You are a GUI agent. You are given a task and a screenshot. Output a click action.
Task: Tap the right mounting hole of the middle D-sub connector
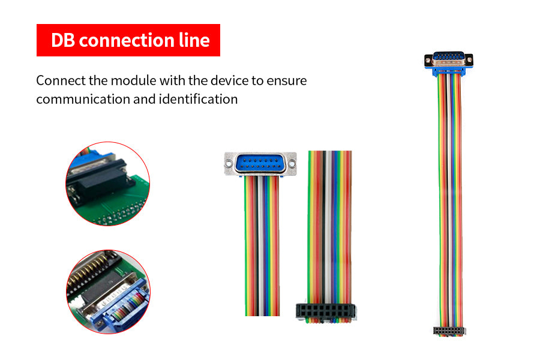pos(292,161)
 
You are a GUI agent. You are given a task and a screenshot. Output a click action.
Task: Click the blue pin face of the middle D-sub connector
pos(260,162)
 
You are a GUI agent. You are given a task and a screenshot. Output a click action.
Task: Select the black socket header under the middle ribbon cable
pos(325,311)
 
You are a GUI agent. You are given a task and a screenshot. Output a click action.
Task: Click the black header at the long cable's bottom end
pos(449,331)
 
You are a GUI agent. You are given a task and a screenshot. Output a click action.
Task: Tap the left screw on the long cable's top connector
pos(429,60)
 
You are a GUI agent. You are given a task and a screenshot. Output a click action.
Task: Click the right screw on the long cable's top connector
pos(469,60)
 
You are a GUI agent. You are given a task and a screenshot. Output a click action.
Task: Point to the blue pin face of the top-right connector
pos(449,59)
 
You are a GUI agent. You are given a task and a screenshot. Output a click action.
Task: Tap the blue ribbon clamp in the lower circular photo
pos(123,303)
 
